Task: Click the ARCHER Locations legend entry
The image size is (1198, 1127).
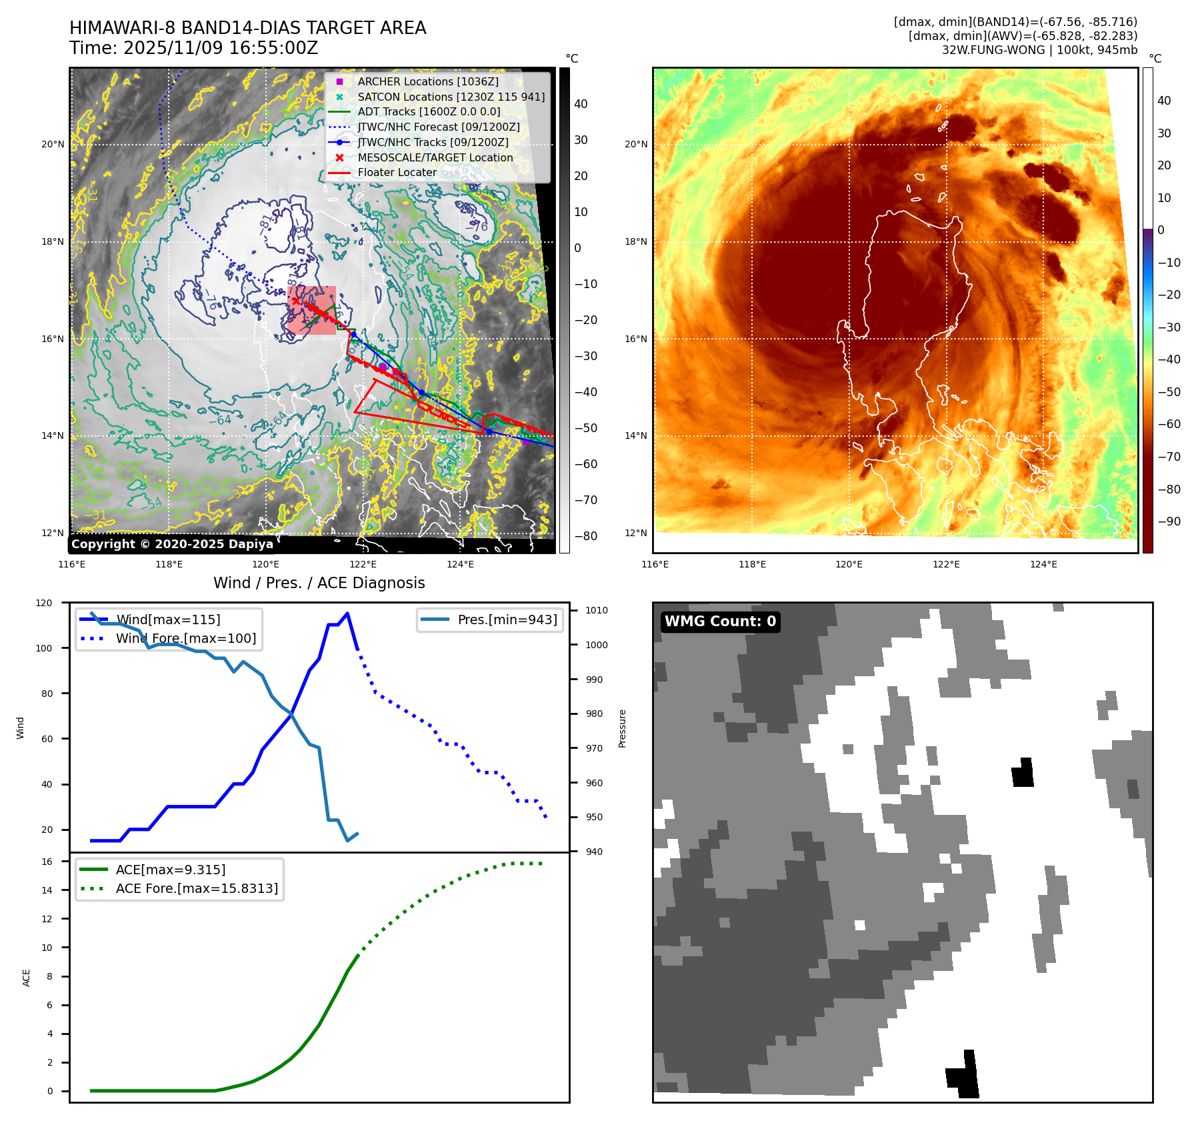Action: click(x=427, y=81)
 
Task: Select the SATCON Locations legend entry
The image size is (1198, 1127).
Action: click(x=451, y=97)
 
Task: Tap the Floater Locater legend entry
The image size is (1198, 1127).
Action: click(x=397, y=172)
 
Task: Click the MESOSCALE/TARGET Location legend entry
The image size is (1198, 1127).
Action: click(x=435, y=157)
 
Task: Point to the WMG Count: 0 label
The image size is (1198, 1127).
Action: click(x=720, y=622)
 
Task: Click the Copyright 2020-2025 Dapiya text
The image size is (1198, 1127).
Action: click(x=172, y=544)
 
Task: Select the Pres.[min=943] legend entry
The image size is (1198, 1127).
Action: click(x=507, y=620)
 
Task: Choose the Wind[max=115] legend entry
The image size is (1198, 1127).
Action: click(x=167, y=620)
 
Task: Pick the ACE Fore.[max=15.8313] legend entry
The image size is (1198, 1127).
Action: click(x=196, y=888)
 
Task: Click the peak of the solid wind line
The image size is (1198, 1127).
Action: click(x=347, y=614)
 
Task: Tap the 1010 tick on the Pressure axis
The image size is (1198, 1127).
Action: click(x=597, y=610)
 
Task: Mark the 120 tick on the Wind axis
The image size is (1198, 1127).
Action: click(x=44, y=603)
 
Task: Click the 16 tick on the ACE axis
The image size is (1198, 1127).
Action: click(x=47, y=862)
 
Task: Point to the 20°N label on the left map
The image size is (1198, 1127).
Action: click(x=53, y=144)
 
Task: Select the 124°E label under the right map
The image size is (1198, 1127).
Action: click(x=1043, y=564)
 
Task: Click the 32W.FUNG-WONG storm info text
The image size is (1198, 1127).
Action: click(x=1039, y=50)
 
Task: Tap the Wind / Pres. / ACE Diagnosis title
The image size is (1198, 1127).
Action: click(x=319, y=583)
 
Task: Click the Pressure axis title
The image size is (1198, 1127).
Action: click(x=622, y=728)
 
